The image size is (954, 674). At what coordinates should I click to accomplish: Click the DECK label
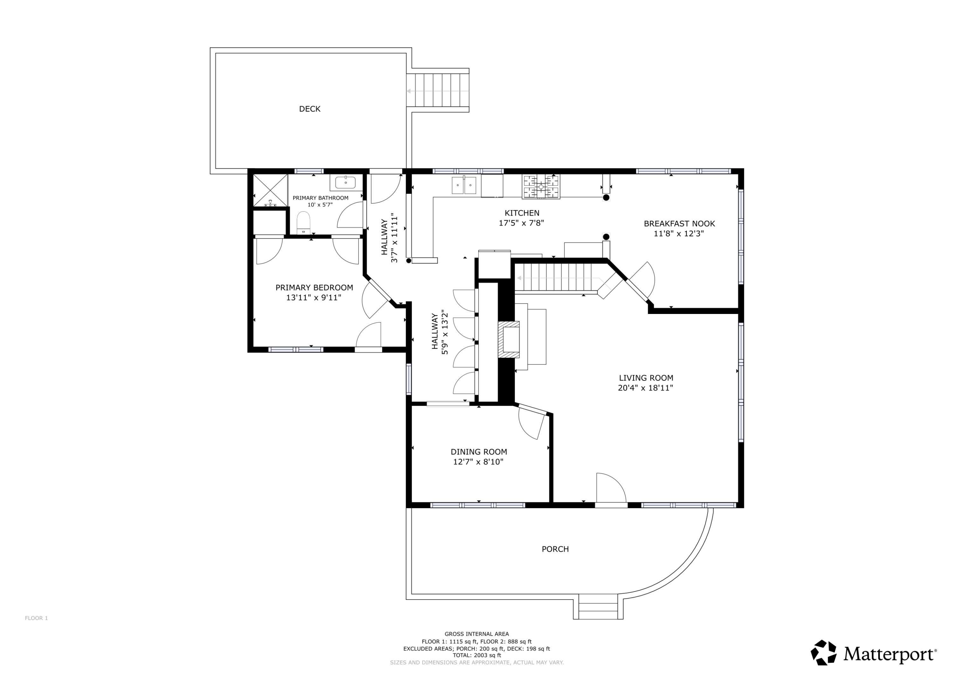(x=309, y=109)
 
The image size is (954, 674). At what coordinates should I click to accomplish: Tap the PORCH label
(x=555, y=549)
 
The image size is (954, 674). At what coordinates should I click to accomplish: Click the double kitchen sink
(x=464, y=185)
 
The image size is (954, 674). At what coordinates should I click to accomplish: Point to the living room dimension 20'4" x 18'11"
(x=645, y=388)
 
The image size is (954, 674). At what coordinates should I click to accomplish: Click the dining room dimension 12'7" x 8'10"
(x=478, y=462)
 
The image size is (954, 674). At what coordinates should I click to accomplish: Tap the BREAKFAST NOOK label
(x=679, y=224)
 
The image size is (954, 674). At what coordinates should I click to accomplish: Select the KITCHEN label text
(x=522, y=213)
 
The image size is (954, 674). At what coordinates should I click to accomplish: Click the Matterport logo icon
(x=824, y=653)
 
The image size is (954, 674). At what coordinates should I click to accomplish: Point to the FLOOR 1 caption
(x=36, y=618)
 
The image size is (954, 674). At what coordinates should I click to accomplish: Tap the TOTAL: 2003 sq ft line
(x=477, y=655)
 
